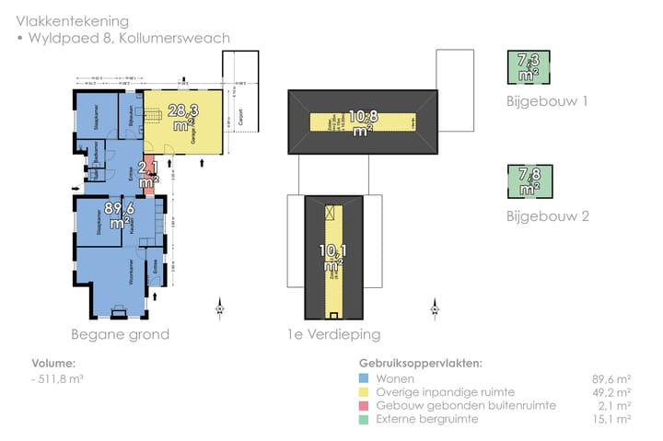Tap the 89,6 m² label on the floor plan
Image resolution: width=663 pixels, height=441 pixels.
click(x=119, y=215)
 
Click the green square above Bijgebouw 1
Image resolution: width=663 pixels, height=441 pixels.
click(x=529, y=68)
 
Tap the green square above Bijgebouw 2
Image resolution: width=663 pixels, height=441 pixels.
click(x=529, y=180)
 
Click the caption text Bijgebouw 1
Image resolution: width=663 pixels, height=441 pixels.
click(x=547, y=100)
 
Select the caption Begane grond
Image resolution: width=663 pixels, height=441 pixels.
click(x=120, y=333)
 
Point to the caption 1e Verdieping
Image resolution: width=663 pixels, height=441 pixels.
click(x=333, y=333)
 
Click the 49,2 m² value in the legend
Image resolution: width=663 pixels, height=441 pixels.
click(x=611, y=391)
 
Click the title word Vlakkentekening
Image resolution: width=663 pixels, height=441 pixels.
click(x=72, y=20)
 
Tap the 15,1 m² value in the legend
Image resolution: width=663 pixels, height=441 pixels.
click(x=611, y=419)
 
